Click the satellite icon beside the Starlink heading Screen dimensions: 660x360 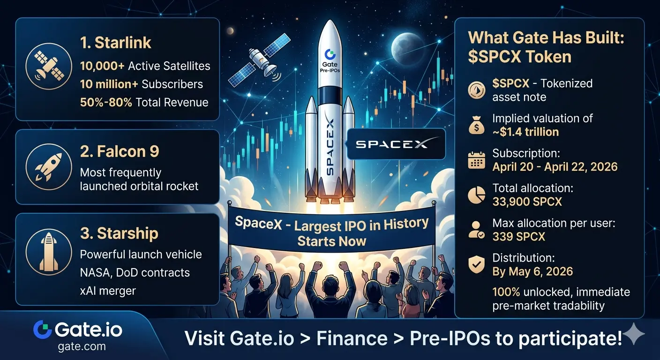pos(49,66)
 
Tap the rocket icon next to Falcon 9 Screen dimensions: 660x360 pos(49,167)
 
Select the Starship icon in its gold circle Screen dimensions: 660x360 pos(49,252)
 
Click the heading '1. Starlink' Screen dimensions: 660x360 pos(115,43)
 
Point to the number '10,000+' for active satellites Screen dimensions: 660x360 pos(102,66)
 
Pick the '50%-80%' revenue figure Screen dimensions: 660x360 pos(106,103)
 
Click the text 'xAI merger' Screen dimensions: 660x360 pos(108,291)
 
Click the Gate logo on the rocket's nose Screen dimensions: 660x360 pos(330,54)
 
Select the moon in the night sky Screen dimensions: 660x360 pos(407,49)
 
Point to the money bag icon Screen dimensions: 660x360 pos(476,125)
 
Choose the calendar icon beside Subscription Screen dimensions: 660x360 pos(476,160)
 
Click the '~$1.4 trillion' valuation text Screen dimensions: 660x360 pos(525,132)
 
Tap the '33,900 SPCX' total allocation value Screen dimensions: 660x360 pos(527,202)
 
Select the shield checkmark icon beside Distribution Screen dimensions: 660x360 pos(476,264)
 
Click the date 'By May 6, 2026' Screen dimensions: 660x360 pos(532,271)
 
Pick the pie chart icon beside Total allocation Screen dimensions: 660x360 pos(476,195)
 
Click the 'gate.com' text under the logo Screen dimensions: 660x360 pos(82,346)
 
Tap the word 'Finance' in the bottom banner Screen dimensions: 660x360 pos(352,338)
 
